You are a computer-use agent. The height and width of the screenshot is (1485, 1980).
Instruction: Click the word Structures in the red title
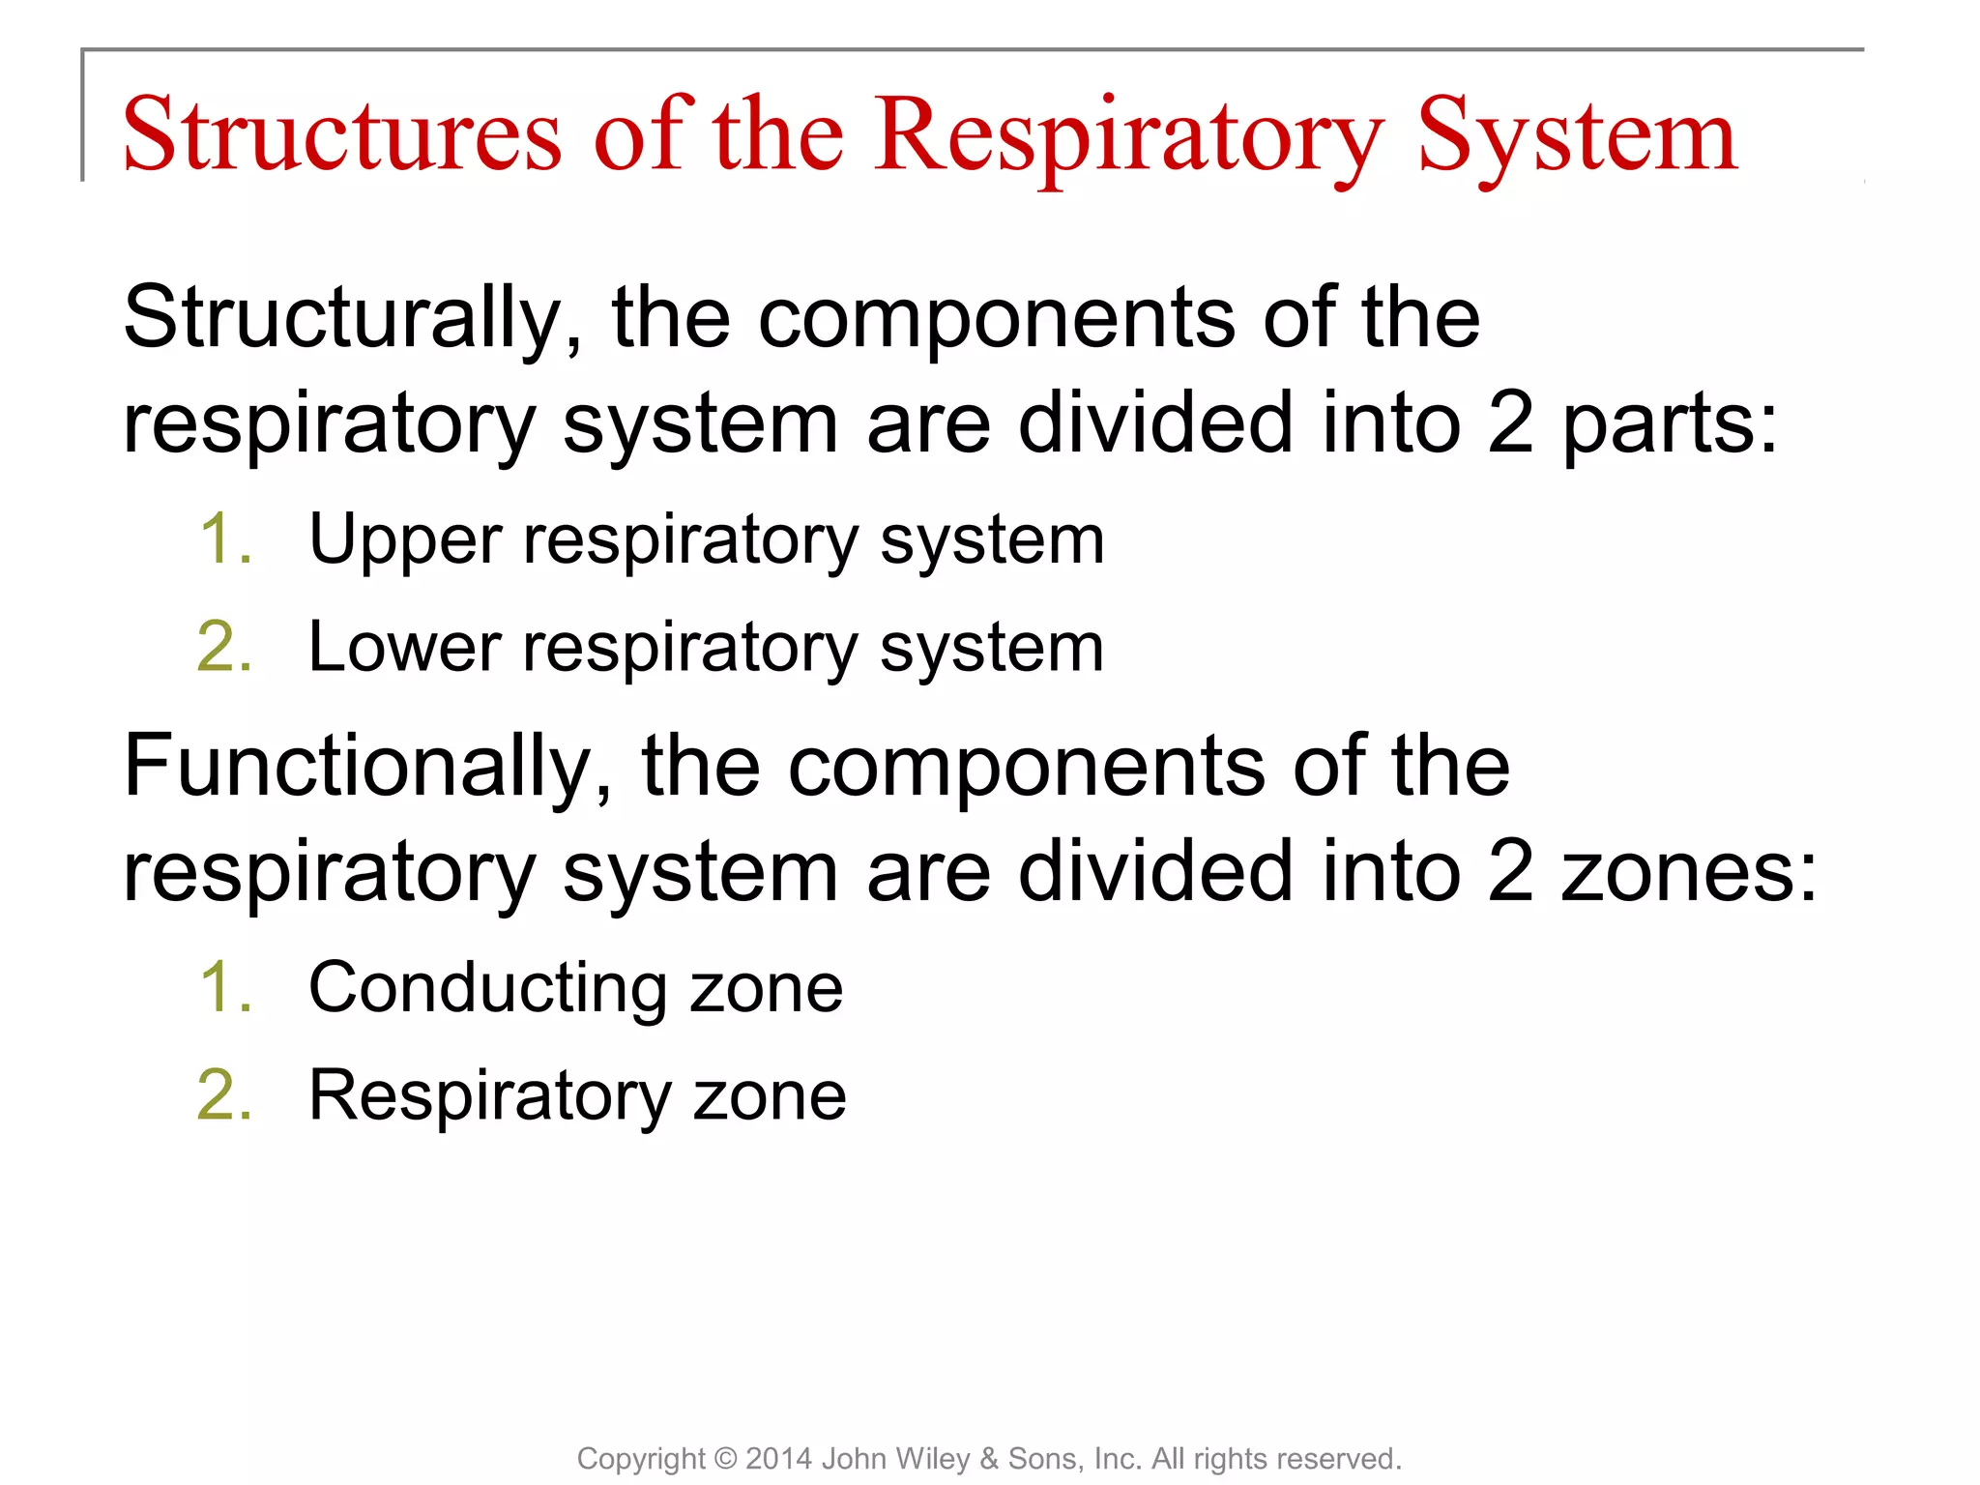point(341,135)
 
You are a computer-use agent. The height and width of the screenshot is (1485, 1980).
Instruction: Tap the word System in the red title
point(1577,135)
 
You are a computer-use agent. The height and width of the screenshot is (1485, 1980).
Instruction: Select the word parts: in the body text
point(1671,425)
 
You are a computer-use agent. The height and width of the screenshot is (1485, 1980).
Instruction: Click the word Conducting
point(487,989)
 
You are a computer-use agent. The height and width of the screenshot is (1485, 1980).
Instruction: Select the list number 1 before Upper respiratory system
point(225,539)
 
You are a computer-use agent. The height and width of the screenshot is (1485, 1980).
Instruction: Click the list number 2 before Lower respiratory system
point(225,648)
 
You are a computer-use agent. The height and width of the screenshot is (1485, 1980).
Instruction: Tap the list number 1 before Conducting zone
point(225,988)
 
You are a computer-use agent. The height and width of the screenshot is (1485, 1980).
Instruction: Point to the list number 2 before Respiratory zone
point(225,1096)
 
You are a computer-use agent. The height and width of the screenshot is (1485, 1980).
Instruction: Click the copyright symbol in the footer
point(725,1459)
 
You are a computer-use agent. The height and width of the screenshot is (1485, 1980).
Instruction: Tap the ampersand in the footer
point(988,1459)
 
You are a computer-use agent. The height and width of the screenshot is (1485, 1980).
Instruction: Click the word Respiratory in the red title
point(1128,135)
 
